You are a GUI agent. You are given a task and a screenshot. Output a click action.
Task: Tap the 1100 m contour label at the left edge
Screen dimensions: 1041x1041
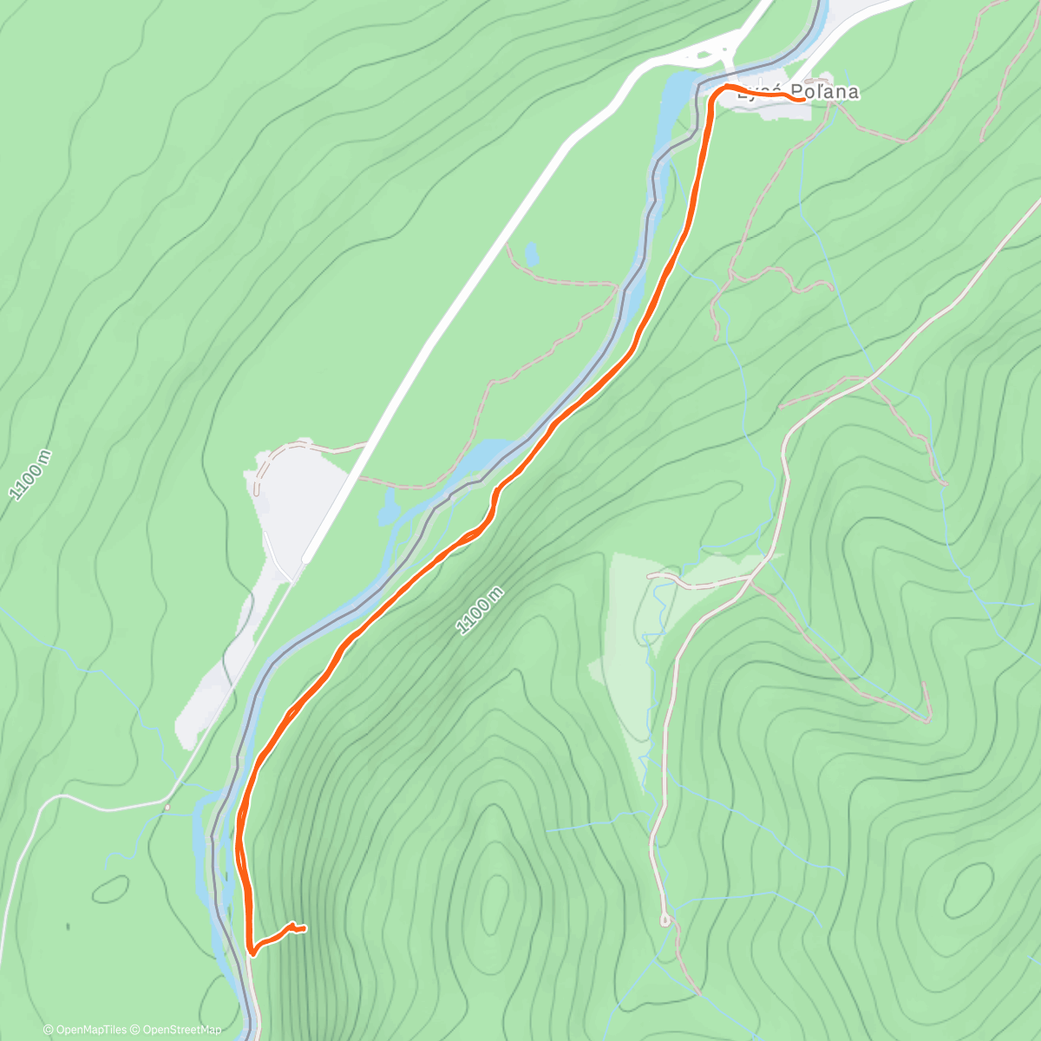(x=30, y=475)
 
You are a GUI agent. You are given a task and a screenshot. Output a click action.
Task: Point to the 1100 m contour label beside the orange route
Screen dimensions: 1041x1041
(x=480, y=610)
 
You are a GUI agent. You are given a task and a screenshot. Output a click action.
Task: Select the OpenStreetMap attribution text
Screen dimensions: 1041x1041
(x=181, y=1030)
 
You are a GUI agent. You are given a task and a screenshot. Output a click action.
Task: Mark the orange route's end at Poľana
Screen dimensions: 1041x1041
(x=803, y=99)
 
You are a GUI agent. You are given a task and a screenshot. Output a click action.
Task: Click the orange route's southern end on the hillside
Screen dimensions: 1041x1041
(x=304, y=929)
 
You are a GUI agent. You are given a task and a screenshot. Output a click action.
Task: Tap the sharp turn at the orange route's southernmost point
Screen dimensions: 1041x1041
(x=251, y=952)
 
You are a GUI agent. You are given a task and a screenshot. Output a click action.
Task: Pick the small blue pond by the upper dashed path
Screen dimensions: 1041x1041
(x=531, y=253)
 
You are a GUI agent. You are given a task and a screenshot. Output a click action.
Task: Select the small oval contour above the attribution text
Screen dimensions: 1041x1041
(x=111, y=889)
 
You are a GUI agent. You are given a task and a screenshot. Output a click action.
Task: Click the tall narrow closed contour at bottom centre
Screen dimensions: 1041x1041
(x=495, y=897)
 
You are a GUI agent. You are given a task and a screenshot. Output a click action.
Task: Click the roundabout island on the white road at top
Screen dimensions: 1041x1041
(x=719, y=53)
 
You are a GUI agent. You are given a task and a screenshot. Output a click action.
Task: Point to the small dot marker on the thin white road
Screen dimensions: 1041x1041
(x=167, y=808)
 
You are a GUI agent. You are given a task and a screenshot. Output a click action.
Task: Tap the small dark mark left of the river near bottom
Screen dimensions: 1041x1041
(x=67, y=926)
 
